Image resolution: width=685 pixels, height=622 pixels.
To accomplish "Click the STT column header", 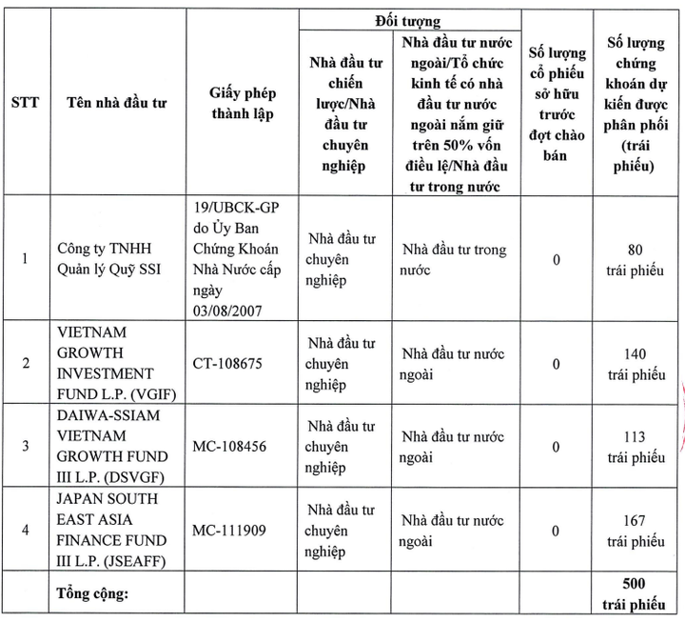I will (x=25, y=103).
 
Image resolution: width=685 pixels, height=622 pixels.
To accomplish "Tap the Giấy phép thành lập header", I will (x=242, y=103).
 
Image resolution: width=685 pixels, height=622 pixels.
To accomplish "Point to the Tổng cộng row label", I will (x=102, y=594).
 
